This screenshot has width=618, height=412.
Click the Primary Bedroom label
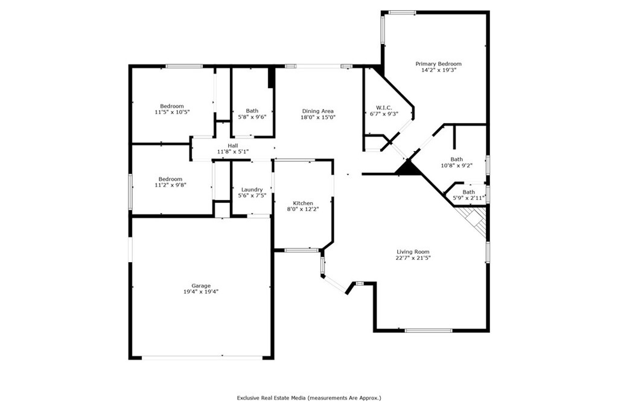pos(438,63)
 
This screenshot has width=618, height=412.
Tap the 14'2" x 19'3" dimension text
pos(438,70)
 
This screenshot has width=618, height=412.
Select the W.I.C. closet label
pos(384,108)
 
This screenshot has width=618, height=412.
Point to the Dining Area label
pos(318,111)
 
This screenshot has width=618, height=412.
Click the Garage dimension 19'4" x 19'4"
pos(201,291)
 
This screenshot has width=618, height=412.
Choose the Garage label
pos(201,285)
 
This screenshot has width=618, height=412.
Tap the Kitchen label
pos(303,202)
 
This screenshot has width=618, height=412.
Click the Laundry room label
pos(252,189)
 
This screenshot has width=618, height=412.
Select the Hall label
pos(233,146)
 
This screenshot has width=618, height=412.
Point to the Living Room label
pos(413,251)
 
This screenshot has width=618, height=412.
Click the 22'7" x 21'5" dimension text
pos(413,258)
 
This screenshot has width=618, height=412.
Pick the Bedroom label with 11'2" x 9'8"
pos(171,179)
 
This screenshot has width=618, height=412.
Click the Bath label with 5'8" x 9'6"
pos(252,111)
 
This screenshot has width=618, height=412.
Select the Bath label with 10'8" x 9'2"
pos(456,159)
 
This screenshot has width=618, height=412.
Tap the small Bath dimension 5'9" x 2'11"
pos(469,198)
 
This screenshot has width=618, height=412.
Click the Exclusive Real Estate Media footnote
pos(308,398)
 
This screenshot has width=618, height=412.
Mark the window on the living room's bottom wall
pos(428,330)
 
